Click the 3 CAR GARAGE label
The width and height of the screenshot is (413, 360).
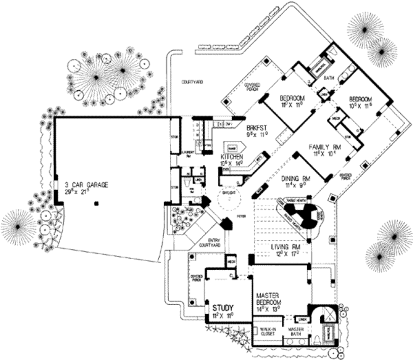pos(87,185)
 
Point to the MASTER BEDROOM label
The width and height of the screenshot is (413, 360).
pos(269,299)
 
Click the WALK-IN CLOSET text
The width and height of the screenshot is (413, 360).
pos(267,332)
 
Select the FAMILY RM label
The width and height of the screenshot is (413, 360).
pos(325,147)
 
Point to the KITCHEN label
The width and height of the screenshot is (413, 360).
pos(232,156)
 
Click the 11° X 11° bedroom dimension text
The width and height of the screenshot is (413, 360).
pos(292,105)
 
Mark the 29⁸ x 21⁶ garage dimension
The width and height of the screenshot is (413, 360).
pos(82,191)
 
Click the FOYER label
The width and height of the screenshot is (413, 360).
pos(242,217)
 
